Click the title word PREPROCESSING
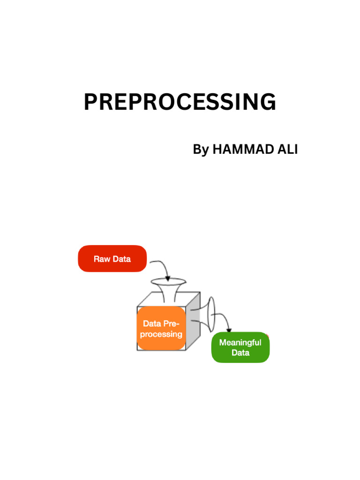click(180, 102)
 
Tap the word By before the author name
click(201, 150)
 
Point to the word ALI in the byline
click(286, 150)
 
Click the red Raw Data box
click(112, 258)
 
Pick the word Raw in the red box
click(102, 259)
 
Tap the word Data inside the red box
click(121, 259)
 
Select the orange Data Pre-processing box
click(161, 329)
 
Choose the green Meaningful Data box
click(240, 347)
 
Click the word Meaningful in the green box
click(240, 342)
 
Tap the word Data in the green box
click(240, 352)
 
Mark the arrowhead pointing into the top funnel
click(168, 278)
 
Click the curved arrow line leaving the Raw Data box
click(159, 263)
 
